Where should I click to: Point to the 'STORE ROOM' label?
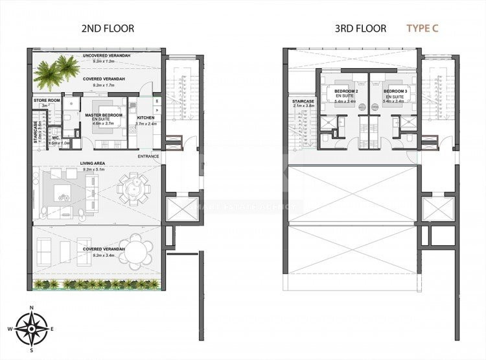coord(47,101)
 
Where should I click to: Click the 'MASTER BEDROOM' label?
coord(104,115)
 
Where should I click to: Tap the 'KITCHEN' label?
coord(146,118)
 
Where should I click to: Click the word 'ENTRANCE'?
coord(148,156)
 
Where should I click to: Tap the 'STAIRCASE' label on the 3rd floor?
coord(303,102)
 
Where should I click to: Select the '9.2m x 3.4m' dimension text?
coord(98,255)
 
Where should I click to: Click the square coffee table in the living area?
coord(63,191)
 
